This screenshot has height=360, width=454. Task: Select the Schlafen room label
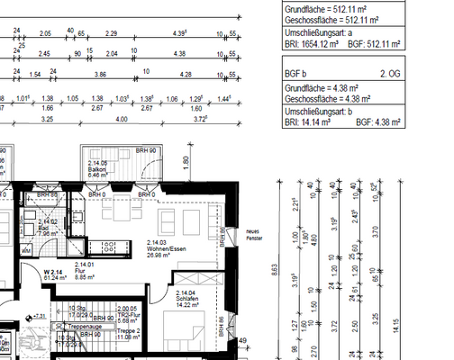pos(187,298)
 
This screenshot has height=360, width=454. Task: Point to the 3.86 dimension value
pos(101,76)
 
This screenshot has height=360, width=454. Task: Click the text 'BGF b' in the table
pos(296,70)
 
